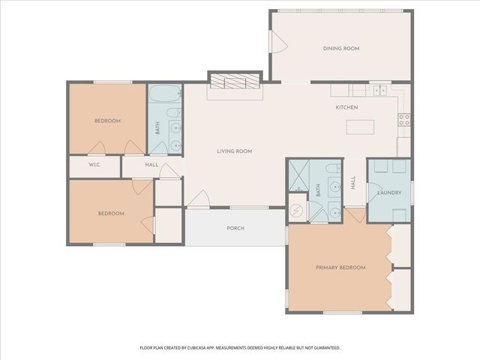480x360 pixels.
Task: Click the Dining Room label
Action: (341, 49)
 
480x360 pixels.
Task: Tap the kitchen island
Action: (360, 127)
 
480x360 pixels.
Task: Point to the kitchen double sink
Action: (379, 91)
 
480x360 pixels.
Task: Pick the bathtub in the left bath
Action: (163, 95)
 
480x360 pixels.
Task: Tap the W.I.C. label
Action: (94, 165)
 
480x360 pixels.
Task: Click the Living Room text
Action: (234, 151)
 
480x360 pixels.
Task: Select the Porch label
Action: (235, 228)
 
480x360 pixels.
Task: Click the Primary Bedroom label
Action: (340, 268)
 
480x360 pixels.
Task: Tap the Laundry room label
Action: (389, 193)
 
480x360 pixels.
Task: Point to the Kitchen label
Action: (346, 108)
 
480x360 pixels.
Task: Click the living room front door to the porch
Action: (198, 199)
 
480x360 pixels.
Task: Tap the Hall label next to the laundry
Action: (353, 183)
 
